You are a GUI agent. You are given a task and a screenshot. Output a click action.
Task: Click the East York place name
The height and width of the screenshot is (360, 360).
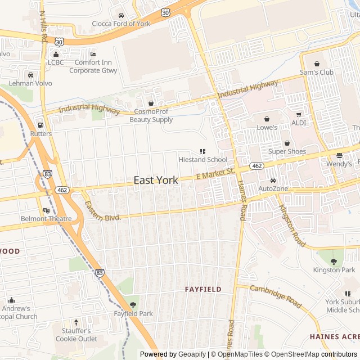156,180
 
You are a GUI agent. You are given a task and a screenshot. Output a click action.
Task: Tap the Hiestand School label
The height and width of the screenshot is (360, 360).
202,160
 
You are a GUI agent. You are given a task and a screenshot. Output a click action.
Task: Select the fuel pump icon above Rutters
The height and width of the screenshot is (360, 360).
40,125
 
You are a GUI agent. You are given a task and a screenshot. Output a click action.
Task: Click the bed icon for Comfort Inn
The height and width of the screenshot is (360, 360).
93,54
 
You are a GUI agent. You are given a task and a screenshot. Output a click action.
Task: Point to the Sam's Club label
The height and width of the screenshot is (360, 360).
316,72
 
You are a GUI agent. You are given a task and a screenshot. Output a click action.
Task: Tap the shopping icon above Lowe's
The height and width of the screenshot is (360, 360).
267,119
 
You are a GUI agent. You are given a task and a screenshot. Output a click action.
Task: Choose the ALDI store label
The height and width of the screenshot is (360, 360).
298,123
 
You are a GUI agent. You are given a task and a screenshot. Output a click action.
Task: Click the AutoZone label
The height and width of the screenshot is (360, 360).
273,188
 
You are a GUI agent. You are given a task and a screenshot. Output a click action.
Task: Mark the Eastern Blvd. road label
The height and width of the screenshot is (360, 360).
102,209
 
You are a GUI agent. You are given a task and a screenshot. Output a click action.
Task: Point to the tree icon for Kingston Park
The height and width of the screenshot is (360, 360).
334,262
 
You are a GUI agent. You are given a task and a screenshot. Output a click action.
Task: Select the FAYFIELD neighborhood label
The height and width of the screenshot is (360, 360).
203,289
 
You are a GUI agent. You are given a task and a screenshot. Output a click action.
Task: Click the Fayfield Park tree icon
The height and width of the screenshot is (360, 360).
133,305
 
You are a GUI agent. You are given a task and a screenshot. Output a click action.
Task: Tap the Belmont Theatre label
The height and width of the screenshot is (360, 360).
46,218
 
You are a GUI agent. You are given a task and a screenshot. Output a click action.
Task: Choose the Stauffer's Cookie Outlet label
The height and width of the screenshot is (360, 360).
76,335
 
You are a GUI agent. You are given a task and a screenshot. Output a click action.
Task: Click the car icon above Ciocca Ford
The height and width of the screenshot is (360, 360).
121,15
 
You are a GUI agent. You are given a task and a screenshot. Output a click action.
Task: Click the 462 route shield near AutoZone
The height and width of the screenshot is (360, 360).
257,166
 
